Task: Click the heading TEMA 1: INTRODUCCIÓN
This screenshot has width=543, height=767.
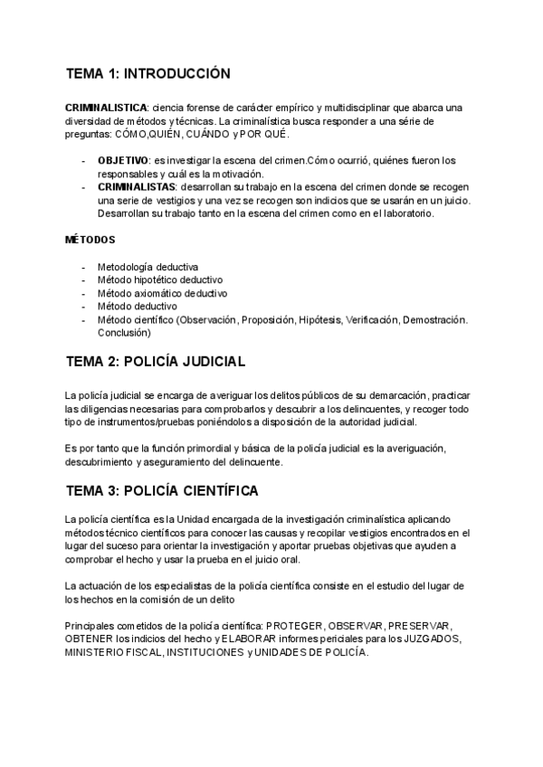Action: point(148,73)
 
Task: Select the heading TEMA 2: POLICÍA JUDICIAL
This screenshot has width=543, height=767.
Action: point(156,361)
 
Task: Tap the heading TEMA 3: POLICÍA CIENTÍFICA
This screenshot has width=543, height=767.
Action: point(162,491)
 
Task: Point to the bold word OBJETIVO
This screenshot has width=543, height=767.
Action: point(124,160)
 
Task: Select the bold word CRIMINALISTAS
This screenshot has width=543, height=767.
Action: point(137,186)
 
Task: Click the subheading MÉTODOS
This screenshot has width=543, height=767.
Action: point(90,240)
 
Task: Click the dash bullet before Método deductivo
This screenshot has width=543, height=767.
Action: point(84,307)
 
